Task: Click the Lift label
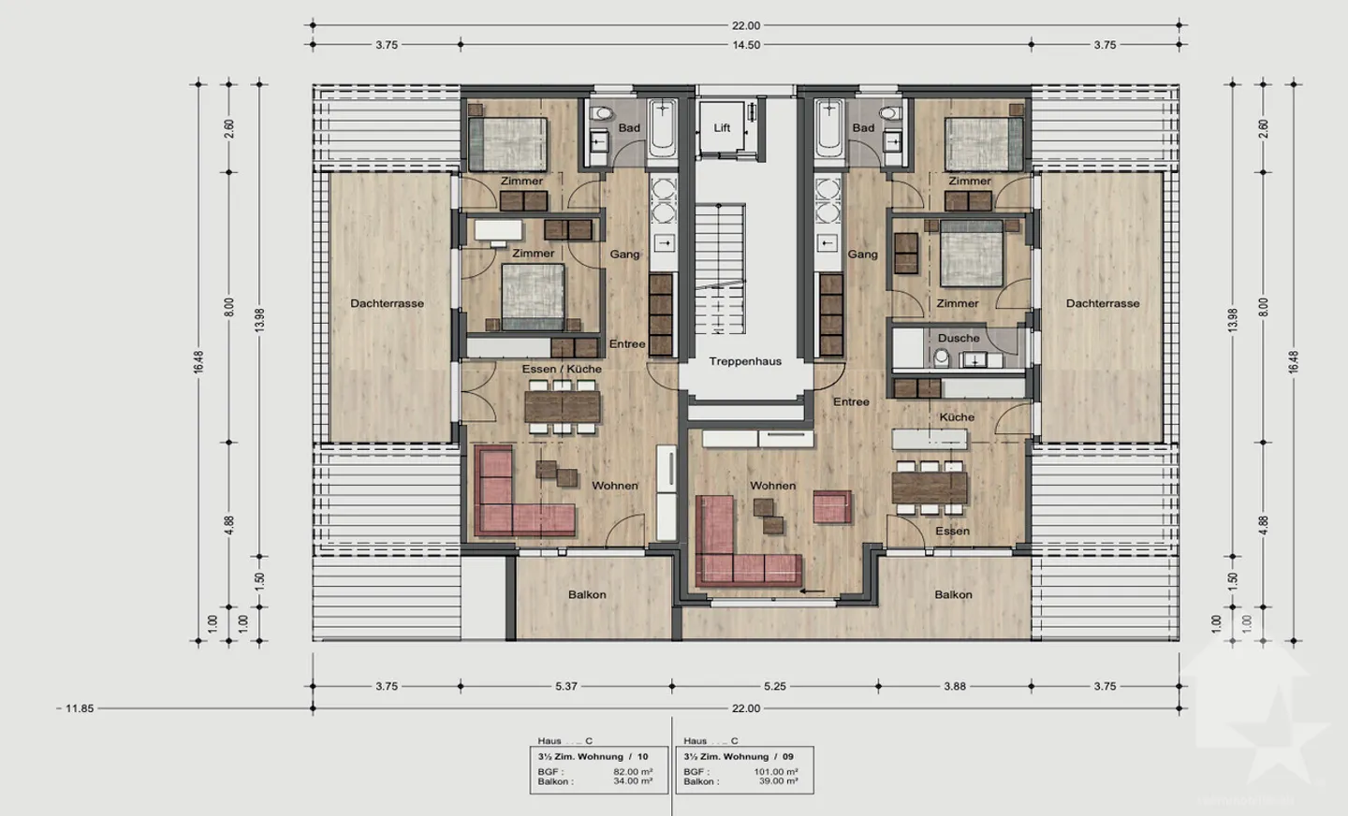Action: click(722, 127)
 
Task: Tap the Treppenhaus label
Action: click(745, 361)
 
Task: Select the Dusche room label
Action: click(959, 338)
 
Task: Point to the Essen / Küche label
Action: click(562, 369)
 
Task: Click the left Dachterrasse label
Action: click(387, 303)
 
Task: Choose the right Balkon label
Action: click(953, 594)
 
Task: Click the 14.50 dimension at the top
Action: click(746, 44)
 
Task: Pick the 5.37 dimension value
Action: click(566, 686)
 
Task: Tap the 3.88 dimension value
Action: click(954, 686)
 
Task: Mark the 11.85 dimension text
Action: click(80, 708)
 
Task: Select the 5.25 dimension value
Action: click(774, 686)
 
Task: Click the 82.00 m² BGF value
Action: click(633, 772)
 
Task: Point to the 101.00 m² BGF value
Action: click(776, 772)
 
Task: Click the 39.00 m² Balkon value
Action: click(778, 781)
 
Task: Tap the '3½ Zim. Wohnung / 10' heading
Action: click(593, 756)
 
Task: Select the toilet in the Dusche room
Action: click(941, 357)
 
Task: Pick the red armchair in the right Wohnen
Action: click(831, 506)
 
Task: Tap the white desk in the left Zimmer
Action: click(497, 229)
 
